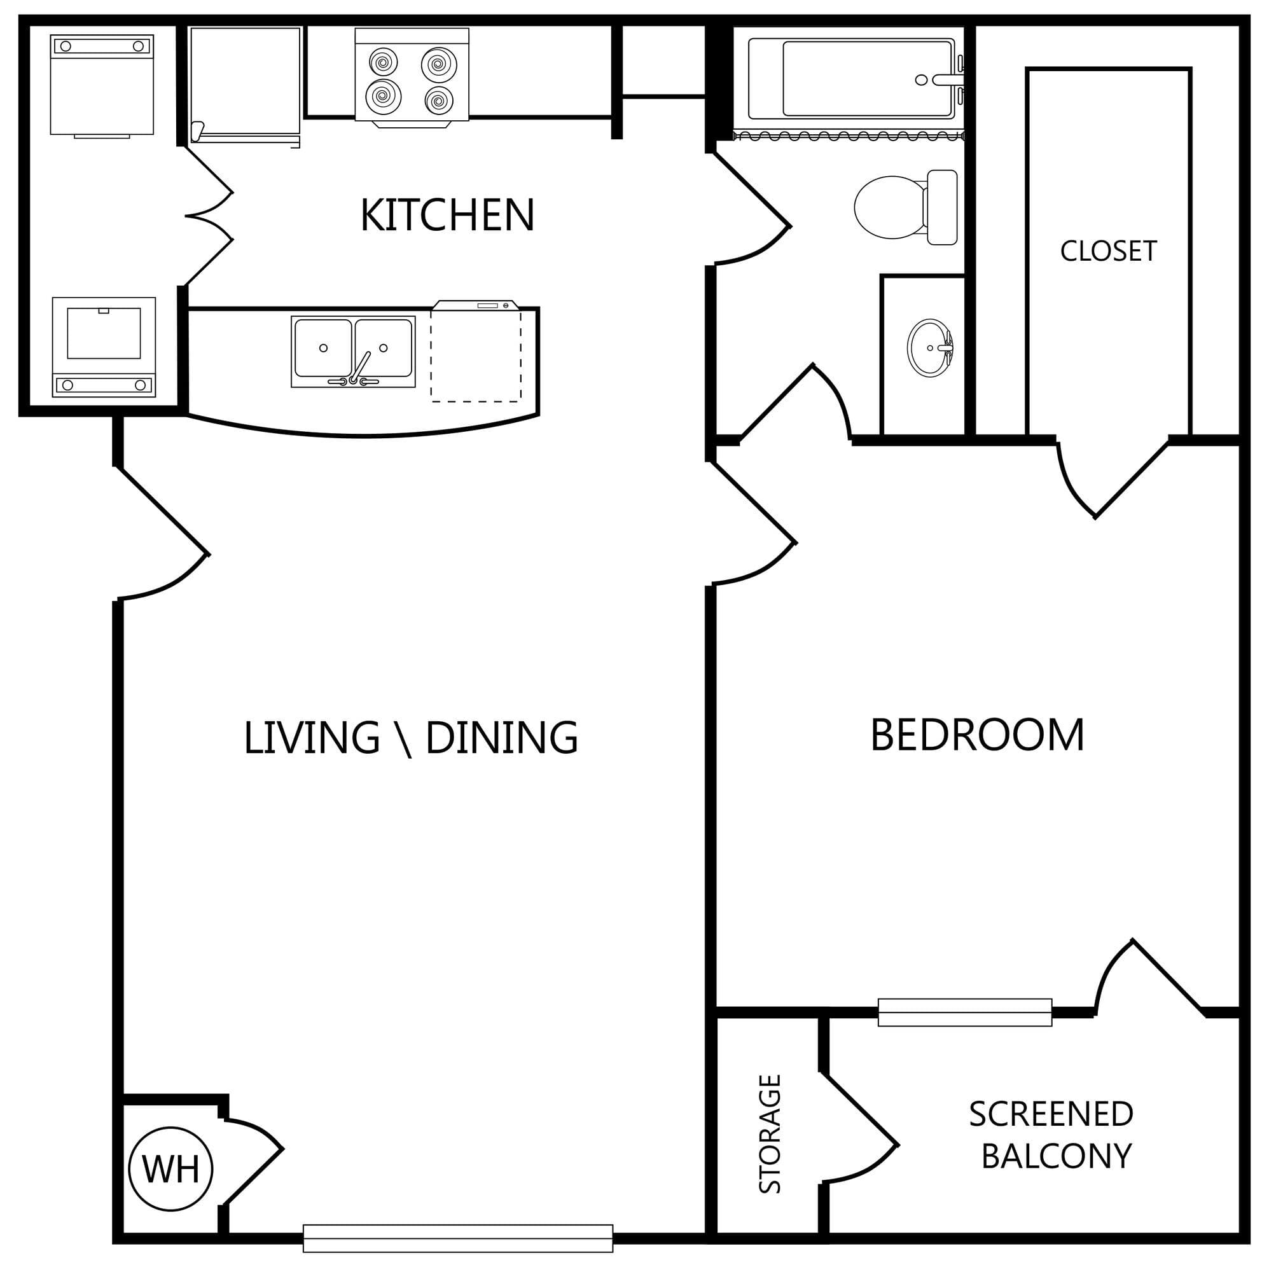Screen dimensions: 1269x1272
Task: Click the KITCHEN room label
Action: [x=447, y=216]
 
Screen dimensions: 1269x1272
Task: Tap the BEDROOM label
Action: [x=977, y=735]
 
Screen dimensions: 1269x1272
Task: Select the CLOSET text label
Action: [x=1108, y=251]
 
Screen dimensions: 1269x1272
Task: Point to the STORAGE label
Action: [x=770, y=1134]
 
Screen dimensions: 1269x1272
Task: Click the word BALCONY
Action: [x=1057, y=1156]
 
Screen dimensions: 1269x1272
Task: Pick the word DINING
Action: [x=502, y=738]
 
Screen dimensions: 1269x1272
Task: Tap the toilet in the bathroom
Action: [x=906, y=207]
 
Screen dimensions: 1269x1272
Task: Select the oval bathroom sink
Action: [x=930, y=348]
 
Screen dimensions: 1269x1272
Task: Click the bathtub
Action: [x=855, y=79]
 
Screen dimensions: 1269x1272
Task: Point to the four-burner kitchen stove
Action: [x=412, y=77]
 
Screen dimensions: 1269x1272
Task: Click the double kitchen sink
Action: [x=353, y=352]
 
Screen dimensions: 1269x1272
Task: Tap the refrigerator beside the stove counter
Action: [x=245, y=86]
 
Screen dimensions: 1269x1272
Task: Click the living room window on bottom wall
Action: [x=459, y=1238]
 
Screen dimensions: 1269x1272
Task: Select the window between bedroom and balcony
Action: [x=965, y=1012]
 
